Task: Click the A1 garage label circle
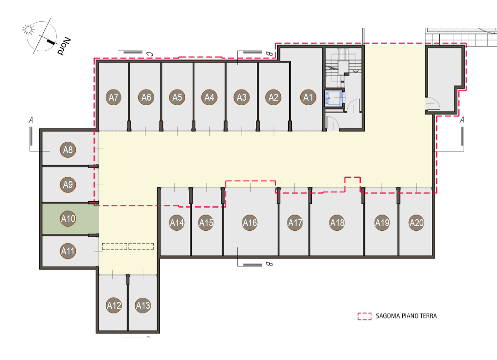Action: [x=308, y=97]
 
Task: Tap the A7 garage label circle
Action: [x=114, y=97]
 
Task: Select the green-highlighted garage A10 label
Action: [x=68, y=218]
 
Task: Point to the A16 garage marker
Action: [x=250, y=222]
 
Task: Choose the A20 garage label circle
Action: [x=417, y=222]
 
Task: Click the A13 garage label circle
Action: [x=143, y=305]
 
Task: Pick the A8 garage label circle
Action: [x=68, y=150]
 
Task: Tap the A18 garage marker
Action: [x=337, y=222]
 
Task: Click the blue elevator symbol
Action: [x=334, y=98]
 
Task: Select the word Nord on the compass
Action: [x=64, y=46]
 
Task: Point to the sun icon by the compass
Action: [x=28, y=30]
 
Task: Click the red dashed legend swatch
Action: [x=364, y=316]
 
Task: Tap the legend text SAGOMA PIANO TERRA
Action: [x=406, y=316]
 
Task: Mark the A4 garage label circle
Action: [x=209, y=97]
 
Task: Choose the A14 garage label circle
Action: [x=177, y=222]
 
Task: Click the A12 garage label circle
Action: [x=114, y=305]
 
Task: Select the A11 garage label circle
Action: [x=68, y=251]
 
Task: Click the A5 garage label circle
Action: [x=177, y=97]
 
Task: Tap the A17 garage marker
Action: [x=295, y=222]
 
